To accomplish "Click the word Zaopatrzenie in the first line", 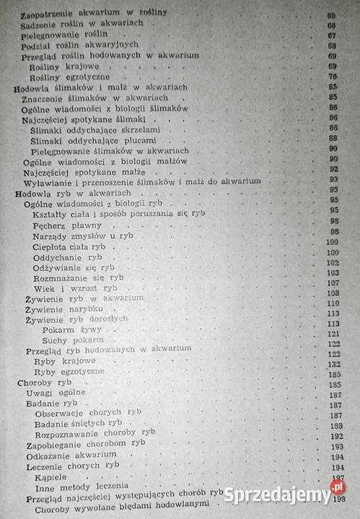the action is [x=51, y=14].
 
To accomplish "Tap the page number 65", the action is [x=333, y=14].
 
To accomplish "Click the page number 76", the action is [x=333, y=77].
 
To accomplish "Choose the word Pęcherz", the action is [x=51, y=225].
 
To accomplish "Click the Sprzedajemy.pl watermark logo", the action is [x=286, y=494].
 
